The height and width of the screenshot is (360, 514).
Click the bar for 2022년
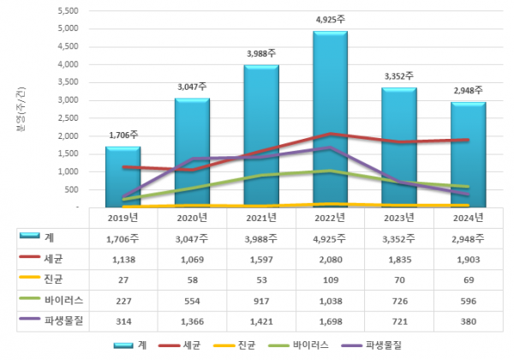(x=330, y=120)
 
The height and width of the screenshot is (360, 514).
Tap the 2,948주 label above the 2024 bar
(x=468, y=90)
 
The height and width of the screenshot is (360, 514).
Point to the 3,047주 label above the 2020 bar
(x=192, y=87)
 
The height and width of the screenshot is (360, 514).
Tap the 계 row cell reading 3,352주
(x=398, y=237)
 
